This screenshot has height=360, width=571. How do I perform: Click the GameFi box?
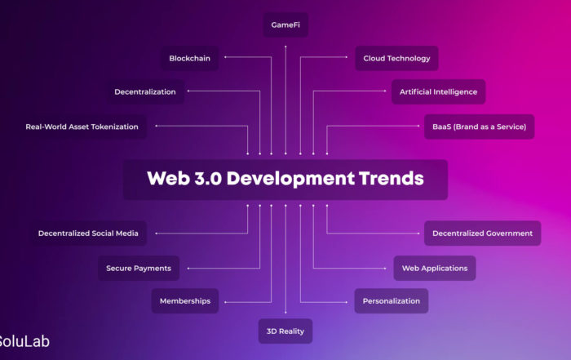coord(285,24)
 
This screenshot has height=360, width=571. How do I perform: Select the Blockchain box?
coord(190,58)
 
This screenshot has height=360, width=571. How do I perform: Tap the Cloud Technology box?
coord(396,58)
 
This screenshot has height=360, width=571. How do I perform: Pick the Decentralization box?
coord(145,91)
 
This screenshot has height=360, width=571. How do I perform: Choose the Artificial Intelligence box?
coord(439,91)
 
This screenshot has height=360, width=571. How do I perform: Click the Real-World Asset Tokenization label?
coord(82,127)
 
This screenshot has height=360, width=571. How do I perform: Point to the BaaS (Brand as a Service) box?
coord(480,127)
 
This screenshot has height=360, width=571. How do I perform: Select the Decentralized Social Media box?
coord(88,233)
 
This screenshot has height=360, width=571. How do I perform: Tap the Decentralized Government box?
coord(483,233)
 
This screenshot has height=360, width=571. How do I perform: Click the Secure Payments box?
coord(139,269)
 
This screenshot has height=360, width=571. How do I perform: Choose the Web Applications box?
coord(435,269)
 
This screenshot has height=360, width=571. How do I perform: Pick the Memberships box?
coord(185,301)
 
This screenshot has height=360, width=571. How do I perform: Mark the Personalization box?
coord(392,301)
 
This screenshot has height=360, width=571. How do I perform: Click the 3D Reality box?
coord(285,331)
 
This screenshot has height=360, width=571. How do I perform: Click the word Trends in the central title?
coord(392,178)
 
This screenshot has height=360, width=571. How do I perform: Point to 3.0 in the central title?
coord(208,178)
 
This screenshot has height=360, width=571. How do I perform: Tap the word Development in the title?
coord(290,180)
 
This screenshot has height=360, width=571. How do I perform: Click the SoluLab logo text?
coord(24,341)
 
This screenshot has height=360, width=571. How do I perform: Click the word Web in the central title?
coord(169,178)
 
